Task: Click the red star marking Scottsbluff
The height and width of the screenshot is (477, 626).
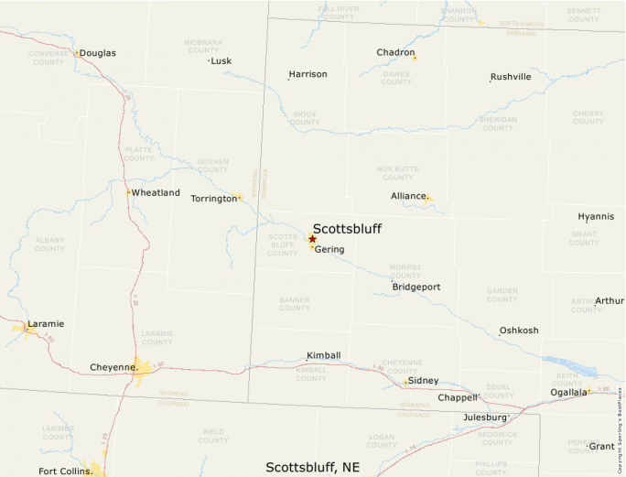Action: (312, 239)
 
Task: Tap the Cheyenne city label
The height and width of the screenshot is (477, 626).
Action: (113, 367)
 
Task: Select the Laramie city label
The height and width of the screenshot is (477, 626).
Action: (46, 324)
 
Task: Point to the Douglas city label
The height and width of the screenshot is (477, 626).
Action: (97, 53)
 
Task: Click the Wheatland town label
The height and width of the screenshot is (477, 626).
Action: (155, 193)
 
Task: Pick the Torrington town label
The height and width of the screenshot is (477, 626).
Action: (213, 198)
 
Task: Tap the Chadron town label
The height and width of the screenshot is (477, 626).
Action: (395, 52)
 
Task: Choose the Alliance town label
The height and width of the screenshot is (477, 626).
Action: (409, 196)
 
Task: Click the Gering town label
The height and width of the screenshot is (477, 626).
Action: (329, 249)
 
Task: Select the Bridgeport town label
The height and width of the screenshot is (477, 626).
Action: (416, 287)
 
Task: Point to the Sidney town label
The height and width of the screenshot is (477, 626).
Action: (423, 380)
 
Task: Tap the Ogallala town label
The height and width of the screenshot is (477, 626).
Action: (568, 392)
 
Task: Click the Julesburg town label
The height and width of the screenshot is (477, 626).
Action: (484, 417)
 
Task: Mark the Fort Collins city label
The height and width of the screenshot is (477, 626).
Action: (65, 472)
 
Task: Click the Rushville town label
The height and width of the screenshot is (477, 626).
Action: (510, 77)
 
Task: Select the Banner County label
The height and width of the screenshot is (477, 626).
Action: (294, 303)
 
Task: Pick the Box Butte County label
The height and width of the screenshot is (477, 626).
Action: (397, 172)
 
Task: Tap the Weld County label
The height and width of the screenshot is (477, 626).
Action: (212, 436)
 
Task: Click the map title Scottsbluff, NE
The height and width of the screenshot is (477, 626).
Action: (312, 467)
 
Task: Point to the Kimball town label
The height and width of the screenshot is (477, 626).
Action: (323, 355)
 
